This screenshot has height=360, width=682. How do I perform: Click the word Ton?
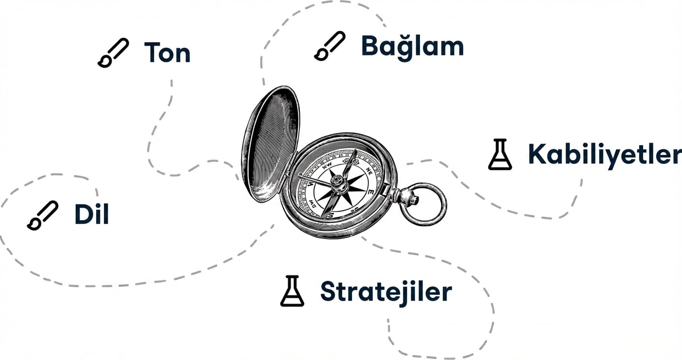pyautogui.click(x=168, y=53)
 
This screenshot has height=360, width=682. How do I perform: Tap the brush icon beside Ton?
pyautogui.click(x=113, y=53)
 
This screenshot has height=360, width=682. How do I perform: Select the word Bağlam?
pyautogui.click(x=412, y=47)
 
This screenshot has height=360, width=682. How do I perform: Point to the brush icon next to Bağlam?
pyautogui.click(x=330, y=46)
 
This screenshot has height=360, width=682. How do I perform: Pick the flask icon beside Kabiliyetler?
pyautogui.click(x=500, y=154)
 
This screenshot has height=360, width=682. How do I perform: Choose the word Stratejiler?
pyautogui.click(x=386, y=292)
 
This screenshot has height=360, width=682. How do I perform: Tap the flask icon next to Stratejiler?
pyautogui.click(x=292, y=291)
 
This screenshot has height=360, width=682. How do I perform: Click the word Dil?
pyautogui.click(x=91, y=214)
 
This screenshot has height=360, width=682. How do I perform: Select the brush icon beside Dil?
pyautogui.click(x=43, y=215)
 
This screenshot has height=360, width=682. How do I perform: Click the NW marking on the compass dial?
pyautogui.click(x=327, y=165)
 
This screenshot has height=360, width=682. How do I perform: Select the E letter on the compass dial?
pyautogui.click(x=371, y=192)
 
